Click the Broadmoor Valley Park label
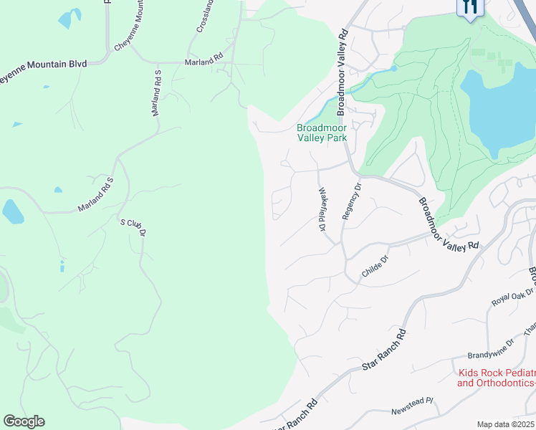[x=322, y=133]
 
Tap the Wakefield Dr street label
[x=322, y=209]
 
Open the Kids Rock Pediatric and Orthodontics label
[x=496, y=378]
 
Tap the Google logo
[x=24, y=421]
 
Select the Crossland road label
[x=206, y=16]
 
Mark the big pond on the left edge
[x=13, y=211]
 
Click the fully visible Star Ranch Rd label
[x=384, y=350]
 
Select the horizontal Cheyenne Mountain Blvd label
[x=43, y=64]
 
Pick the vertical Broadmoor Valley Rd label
[x=343, y=72]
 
